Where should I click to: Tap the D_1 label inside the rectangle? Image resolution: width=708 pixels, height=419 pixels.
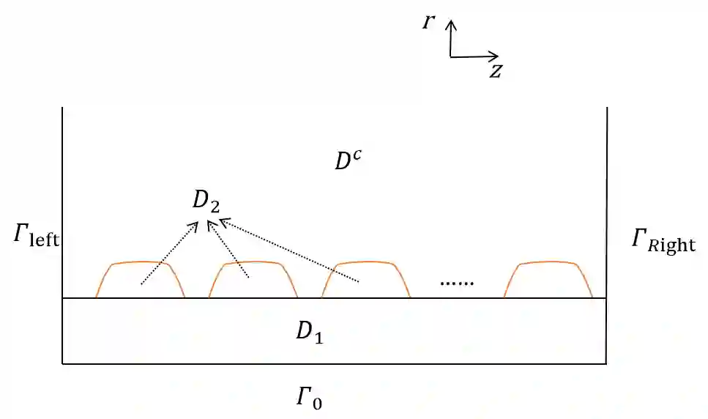click(309, 332)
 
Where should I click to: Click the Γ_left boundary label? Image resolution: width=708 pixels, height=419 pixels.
click(35, 237)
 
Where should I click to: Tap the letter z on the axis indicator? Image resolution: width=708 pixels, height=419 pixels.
click(496, 71)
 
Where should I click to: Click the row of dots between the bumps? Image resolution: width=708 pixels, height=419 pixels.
click(457, 283)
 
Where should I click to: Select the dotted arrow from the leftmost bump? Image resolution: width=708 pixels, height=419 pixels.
click(169, 252)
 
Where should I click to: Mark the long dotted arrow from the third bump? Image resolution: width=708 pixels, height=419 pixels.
click(289, 249)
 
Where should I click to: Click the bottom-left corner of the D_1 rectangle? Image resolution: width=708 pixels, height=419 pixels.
click(63, 363)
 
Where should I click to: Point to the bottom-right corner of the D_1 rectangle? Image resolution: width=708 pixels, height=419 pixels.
click(605, 363)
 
